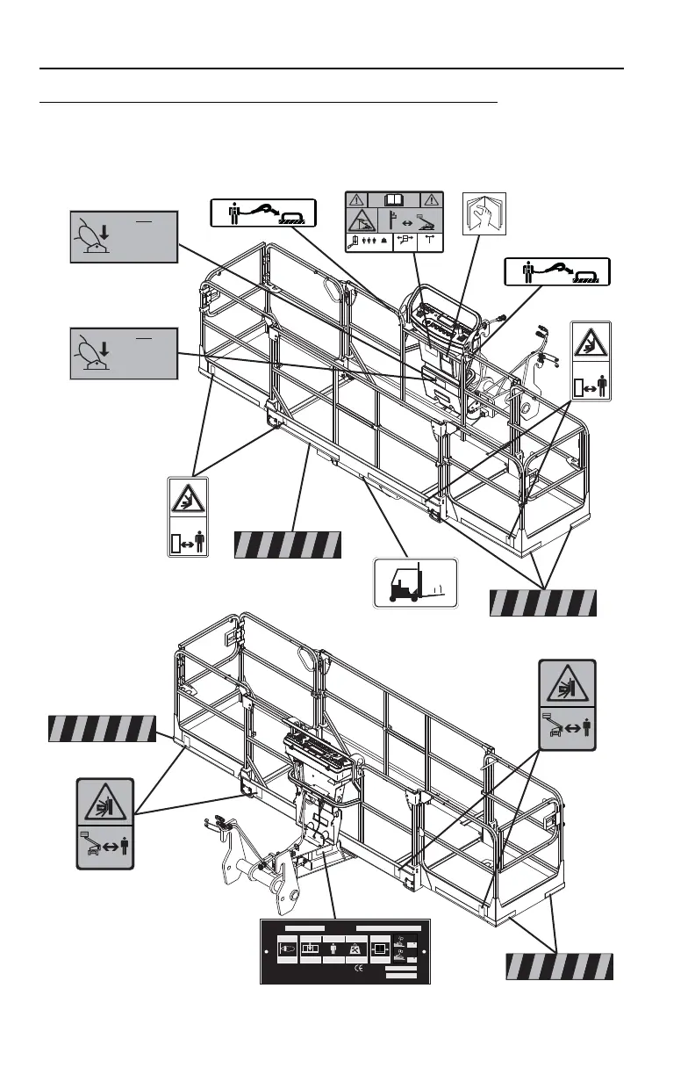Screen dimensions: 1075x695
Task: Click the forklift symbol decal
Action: pos(416,583)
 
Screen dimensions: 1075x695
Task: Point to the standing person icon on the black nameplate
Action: pos(333,950)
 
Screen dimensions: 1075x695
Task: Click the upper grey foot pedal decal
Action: pos(124,236)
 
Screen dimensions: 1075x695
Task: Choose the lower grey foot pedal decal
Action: pos(124,353)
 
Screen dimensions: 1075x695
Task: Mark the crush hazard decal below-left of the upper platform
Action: pos(189,517)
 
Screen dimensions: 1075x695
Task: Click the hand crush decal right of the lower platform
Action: pos(566,705)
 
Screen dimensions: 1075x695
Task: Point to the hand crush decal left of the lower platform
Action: pos(104,823)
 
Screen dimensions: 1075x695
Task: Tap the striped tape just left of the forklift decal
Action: pos(286,545)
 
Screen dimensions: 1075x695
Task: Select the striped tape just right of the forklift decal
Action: pos(542,602)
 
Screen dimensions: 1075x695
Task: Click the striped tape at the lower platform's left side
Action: pos(101,729)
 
